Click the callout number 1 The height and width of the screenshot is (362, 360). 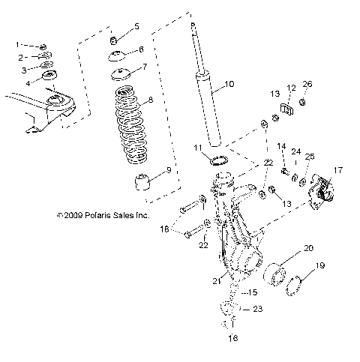(x=19, y=46)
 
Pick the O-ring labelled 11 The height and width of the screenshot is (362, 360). (x=219, y=160)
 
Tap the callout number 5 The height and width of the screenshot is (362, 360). (x=136, y=26)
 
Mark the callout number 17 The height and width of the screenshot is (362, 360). (x=338, y=170)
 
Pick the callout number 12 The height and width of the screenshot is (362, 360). (x=291, y=88)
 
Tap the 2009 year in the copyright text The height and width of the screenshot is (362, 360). (x=70, y=215)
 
